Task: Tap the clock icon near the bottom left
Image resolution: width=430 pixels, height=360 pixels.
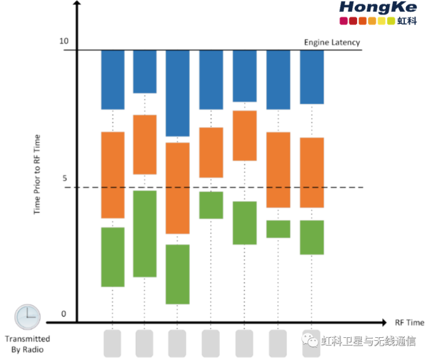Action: coord(28,317)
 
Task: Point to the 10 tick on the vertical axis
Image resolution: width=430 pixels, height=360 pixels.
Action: coord(64,41)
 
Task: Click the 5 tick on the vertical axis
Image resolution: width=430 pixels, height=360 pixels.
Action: coord(65,178)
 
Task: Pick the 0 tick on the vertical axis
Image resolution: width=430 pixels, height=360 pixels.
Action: coord(64,314)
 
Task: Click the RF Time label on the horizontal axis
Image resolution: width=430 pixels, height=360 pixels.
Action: coord(409,322)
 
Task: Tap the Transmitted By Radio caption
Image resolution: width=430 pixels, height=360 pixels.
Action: coord(27,344)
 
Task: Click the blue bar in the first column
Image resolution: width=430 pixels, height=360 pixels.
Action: coord(112,80)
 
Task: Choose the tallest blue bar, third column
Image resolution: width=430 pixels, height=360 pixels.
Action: coord(178,94)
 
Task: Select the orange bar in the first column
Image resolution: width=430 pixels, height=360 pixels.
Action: coord(112,175)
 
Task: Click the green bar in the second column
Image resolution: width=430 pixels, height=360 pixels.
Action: coord(145,233)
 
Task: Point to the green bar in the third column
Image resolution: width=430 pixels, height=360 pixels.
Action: coord(178,274)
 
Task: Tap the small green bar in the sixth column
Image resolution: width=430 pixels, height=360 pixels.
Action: coord(278,229)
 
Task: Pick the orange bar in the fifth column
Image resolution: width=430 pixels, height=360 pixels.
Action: coord(244,136)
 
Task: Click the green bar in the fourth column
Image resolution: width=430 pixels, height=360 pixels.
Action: coord(211,205)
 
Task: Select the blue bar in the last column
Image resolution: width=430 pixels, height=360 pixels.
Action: coord(312,78)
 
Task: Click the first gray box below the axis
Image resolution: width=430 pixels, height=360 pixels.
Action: coord(113,344)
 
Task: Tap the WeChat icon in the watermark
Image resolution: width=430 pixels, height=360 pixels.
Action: coord(311,340)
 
